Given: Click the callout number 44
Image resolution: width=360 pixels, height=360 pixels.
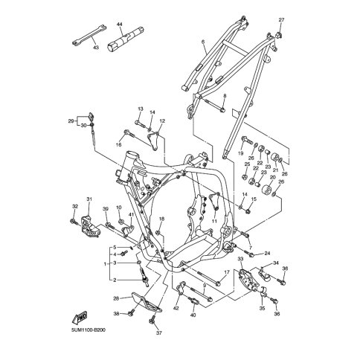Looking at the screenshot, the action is point(120,25).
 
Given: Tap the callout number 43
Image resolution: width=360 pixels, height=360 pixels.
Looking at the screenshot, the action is point(96,47).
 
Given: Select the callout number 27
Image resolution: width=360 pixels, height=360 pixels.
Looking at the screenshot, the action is point(281,20).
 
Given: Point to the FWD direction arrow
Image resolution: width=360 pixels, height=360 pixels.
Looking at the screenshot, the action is point(80,318).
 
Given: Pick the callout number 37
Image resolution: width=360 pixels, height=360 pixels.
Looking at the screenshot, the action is point(158,333).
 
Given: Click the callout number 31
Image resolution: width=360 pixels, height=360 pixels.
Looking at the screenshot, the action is point(89,199).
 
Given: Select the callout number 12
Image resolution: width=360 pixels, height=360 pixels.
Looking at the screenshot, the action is point(162,121).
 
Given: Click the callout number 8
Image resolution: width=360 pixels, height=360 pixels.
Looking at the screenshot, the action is point(225,96).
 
